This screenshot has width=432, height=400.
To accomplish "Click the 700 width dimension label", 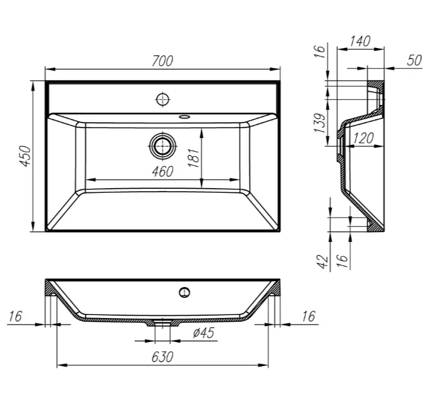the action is pyautogui.click(x=162, y=61).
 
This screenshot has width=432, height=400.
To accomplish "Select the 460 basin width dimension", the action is pyautogui.click(x=162, y=171).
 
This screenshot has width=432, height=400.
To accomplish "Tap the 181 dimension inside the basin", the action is pyautogui.click(x=193, y=158).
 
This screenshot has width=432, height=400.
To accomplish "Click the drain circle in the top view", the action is pyautogui.click(x=162, y=146).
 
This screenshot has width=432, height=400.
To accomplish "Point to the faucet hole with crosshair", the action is pyautogui.click(x=162, y=99).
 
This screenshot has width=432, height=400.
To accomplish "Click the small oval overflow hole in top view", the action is pyautogui.click(x=184, y=117).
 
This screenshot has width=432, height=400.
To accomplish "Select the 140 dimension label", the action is pyautogui.click(x=360, y=42).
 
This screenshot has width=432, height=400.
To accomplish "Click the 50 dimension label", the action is pyautogui.click(x=414, y=60).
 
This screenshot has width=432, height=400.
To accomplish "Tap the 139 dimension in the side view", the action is pyautogui.click(x=320, y=122).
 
